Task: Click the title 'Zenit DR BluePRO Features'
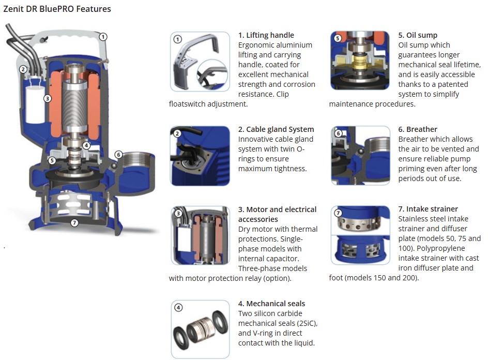57,9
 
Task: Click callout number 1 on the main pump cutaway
103,37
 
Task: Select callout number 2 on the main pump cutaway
23,69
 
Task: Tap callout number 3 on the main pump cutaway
48,99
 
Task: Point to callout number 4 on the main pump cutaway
86,145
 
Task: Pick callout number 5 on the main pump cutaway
52,160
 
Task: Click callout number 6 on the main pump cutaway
118,155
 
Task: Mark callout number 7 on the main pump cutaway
74,222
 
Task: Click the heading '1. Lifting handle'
266,35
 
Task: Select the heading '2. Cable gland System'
276,129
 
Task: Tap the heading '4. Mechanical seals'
272,304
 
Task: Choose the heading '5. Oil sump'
418,35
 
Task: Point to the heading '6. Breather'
418,129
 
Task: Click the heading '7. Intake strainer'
428,209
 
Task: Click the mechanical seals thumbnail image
201,329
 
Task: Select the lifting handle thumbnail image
200,62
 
